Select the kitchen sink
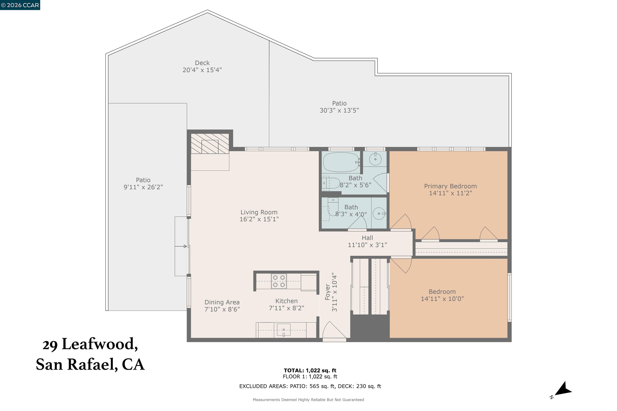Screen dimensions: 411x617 pyautogui.click(x=283, y=330)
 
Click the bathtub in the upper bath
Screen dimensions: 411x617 pyautogui.click(x=341, y=162)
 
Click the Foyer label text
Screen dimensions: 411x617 pyautogui.click(x=327, y=292)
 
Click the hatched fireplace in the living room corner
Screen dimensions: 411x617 pyautogui.click(x=209, y=144)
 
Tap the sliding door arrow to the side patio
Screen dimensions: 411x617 pyautogui.click(x=181, y=246)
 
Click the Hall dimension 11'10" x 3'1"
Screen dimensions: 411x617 pyautogui.click(x=367, y=245)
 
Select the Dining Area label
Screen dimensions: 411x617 pyautogui.click(x=222, y=302)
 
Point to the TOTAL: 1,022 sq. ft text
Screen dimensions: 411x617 pyautogui.click(x=310, y=370)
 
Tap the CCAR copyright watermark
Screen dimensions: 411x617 pyautogui.click(x=20, y=5)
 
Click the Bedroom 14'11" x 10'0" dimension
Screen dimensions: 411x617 pyautogui.click(x=442, y=299)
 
